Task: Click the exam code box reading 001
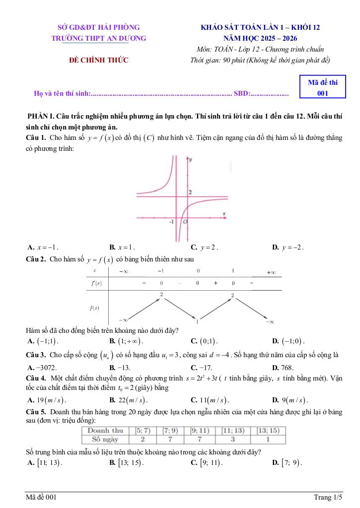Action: click(322, 88)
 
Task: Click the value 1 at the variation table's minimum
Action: click(197, 321)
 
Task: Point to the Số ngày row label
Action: click(105, 439)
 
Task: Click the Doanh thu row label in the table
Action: click(105, 431)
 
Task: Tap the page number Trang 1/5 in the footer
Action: click(328, 497)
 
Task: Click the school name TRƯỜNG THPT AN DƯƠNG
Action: click(99, 38)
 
